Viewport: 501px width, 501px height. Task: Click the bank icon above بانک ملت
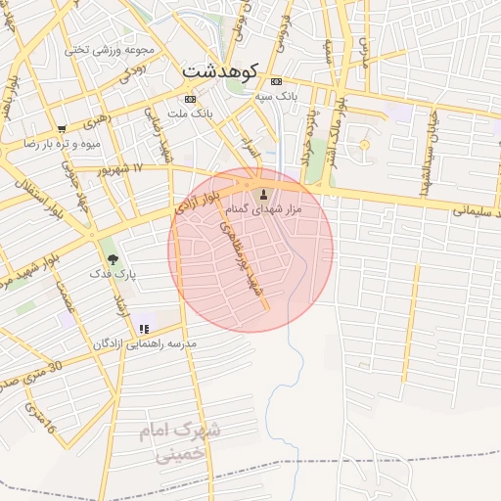point(189,99)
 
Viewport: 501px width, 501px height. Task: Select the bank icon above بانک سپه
point(277,81)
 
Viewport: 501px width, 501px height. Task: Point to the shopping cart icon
point(63,128)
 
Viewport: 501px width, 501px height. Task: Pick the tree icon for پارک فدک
point(113,259)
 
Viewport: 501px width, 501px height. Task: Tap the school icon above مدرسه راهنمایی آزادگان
point(144,329)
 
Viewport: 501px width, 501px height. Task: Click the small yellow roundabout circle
point(364,145)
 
